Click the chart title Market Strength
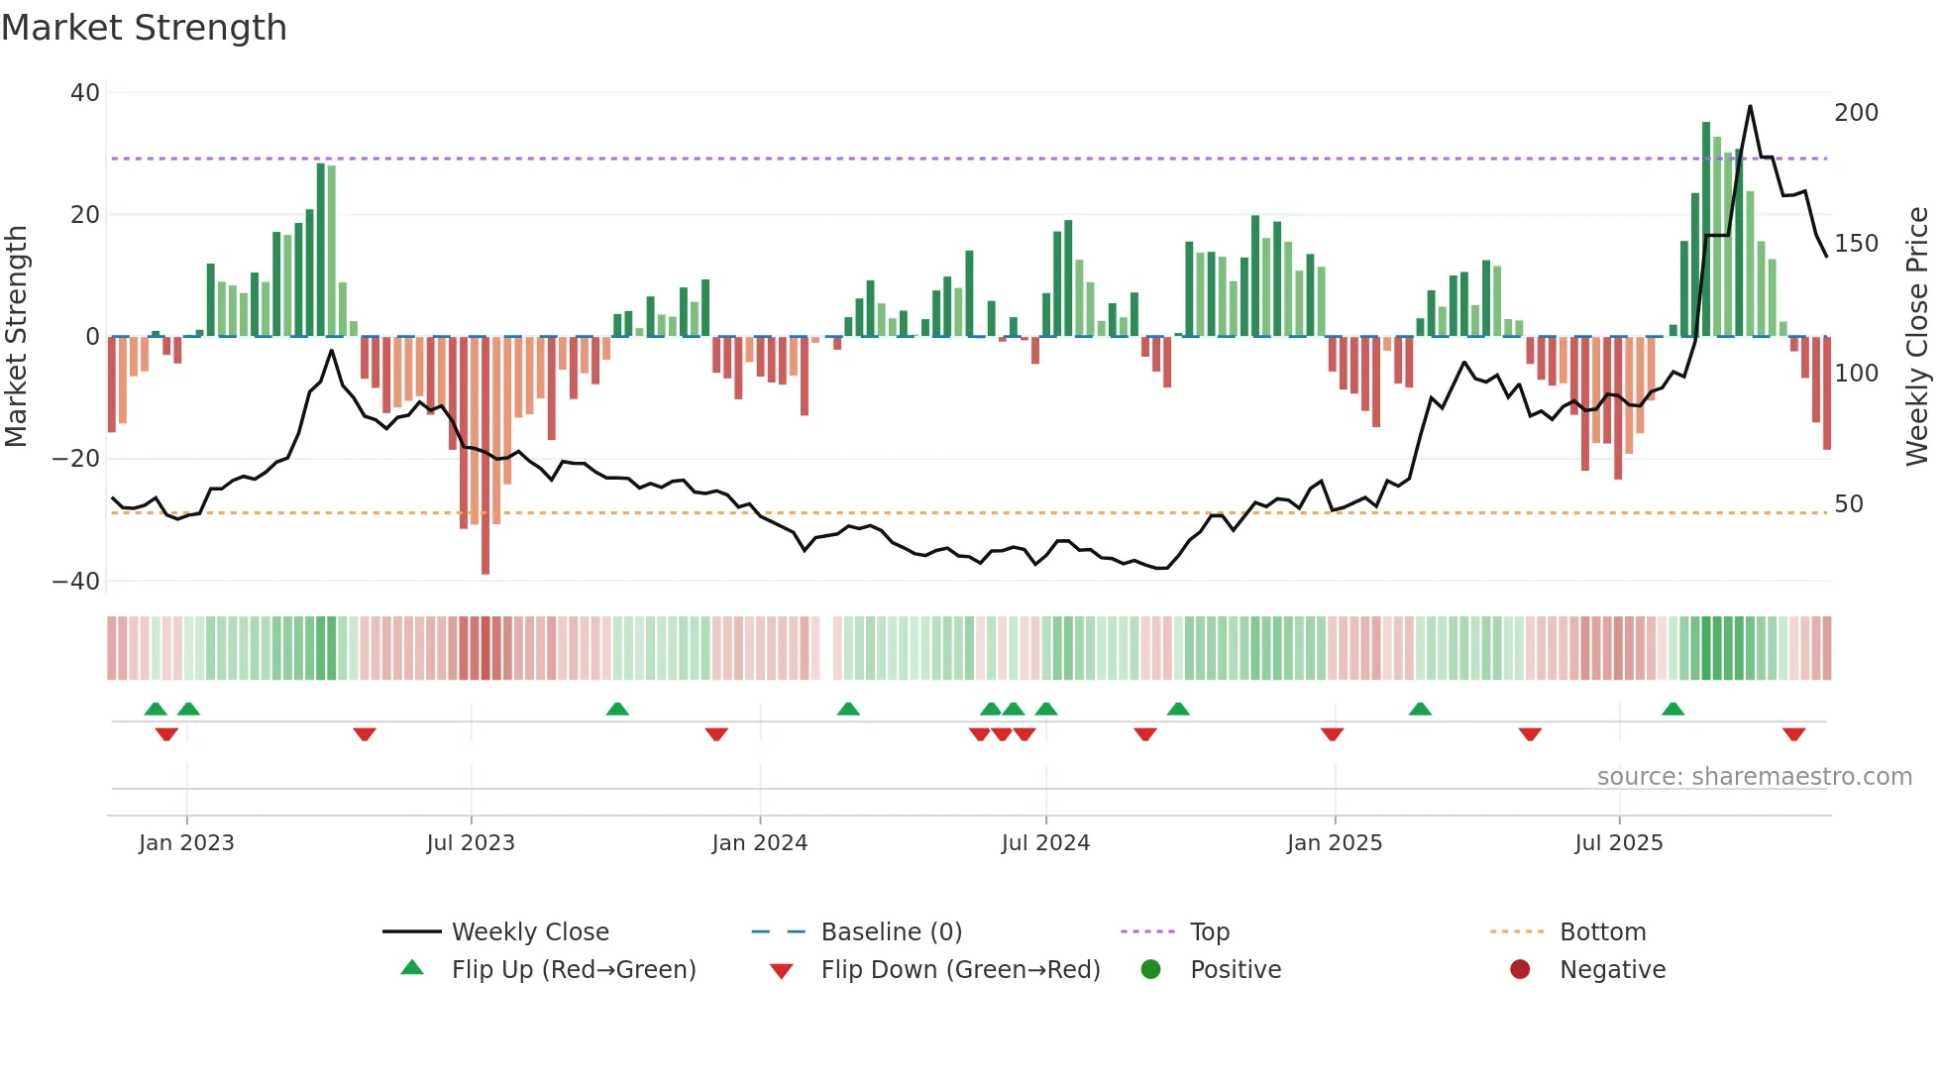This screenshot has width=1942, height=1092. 144,28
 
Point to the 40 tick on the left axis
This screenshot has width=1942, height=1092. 85,93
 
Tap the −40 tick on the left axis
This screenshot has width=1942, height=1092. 77,582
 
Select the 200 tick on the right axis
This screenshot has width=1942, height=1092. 1856,113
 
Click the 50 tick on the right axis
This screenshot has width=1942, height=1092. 1849,504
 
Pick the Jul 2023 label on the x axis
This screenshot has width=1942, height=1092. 471,843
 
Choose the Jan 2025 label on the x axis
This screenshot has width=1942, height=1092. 1334,843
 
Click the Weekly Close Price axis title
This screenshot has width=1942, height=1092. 1917,337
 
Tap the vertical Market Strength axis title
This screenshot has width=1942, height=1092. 17,337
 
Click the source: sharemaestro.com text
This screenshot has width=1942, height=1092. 1754,777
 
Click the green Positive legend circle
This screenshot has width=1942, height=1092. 1150,969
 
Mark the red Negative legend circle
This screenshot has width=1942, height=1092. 1520,969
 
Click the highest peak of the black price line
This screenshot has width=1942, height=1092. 1750,106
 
